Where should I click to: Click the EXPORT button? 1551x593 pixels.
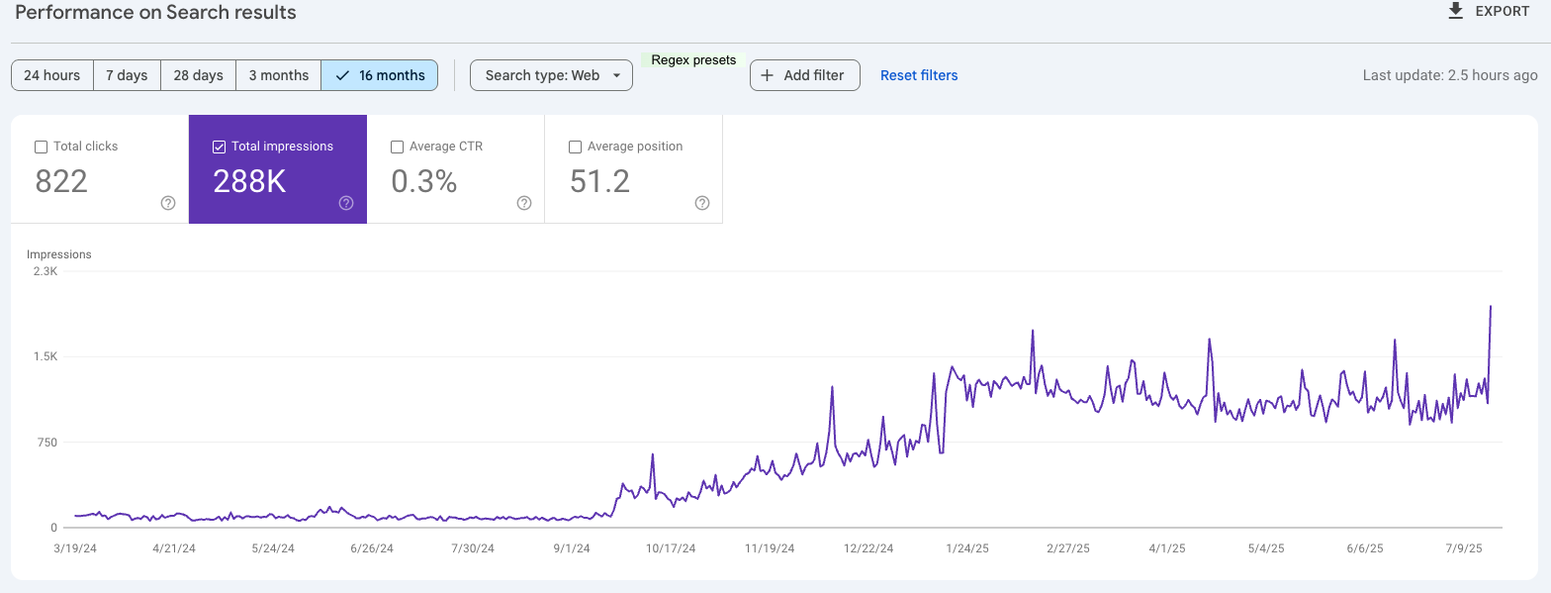(x=1488, y=12)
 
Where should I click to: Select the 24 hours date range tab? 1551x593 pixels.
(x=52, y=75)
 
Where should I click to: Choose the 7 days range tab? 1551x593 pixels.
(x=127, y=75)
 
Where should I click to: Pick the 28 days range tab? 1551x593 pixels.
(x=198, y=75)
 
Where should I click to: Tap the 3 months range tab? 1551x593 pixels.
(x=278, y=75)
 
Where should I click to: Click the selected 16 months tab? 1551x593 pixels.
(x=380, y=75)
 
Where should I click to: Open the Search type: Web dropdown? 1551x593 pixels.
(x=551, y=75)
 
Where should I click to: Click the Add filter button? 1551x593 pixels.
(x=804, y=75)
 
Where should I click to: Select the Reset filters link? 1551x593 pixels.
(x=919, y=75)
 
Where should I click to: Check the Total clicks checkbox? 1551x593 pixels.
(x=41, y=147)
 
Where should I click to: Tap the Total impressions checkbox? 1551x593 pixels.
(x=219, y=147)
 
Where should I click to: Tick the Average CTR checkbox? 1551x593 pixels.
(x=397, y=147)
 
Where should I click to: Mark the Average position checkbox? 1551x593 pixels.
(x=575, y=147)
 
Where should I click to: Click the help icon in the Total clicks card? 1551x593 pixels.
(x=168, y=203)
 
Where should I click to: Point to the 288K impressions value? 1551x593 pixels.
(x=249, y=181)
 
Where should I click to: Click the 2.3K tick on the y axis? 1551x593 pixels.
(x=46, y=271)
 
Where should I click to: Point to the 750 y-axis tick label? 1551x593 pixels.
(x=46, y=443)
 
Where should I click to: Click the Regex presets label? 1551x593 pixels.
(x=693, y=60)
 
